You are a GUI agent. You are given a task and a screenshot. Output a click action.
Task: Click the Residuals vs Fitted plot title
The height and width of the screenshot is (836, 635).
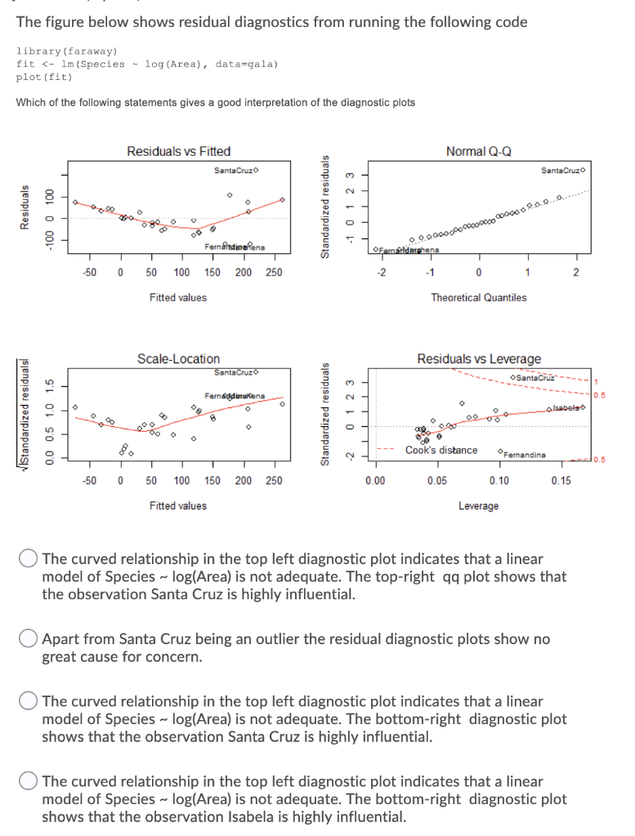pyautogui.click(x=178, y=151)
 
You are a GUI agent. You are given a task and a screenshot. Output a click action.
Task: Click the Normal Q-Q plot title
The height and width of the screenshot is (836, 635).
pyautogui.click(x=479, y=151)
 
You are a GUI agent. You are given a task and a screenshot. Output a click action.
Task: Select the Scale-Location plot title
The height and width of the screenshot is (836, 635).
pyautogui.click(x=178, y=358)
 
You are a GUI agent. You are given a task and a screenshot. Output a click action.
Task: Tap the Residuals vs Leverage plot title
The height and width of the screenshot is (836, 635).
pyautogui.click(x=479, y=358)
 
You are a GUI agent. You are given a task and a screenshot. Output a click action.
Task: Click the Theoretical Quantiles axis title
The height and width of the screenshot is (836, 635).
pyautogui.click(x=479, y=297)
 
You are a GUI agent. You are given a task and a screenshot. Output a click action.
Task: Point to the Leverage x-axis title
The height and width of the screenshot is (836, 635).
pyautogui.click(x=479, y=505)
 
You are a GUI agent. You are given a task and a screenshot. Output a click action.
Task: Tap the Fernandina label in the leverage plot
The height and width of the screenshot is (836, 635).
pyautogui.click(x=522, y=454)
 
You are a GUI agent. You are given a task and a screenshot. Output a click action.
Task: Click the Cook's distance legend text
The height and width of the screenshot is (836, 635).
pyautogui.click(x=441, y=450)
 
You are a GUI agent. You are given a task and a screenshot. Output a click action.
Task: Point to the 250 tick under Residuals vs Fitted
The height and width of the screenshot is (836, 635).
pyautogui.click(x=274, y=272)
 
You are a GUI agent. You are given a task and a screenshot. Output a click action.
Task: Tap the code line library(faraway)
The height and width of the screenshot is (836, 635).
pyautogui.click(x=67, y=51)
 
